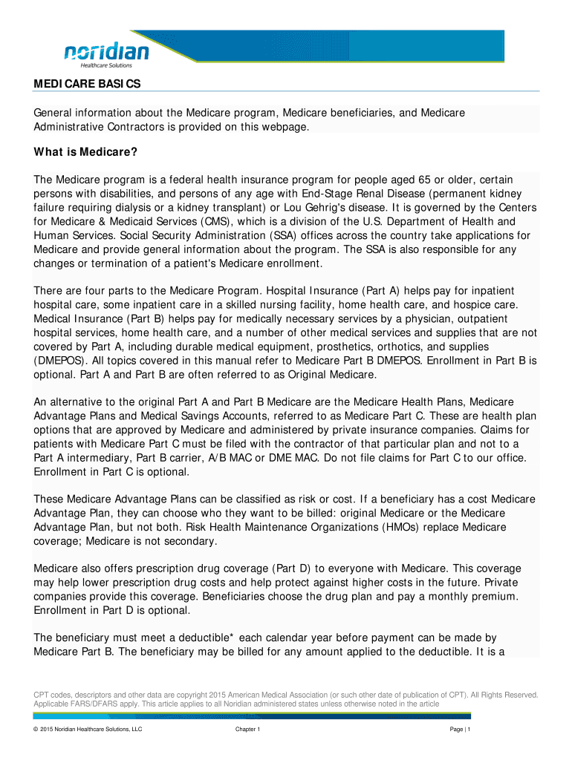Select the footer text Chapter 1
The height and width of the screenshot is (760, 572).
pos(247,730)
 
